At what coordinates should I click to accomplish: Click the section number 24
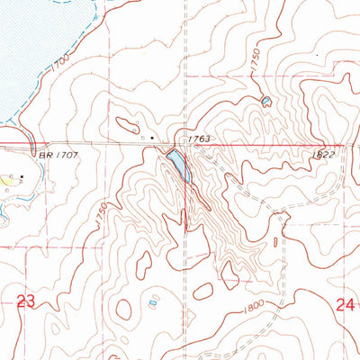click(x=346, y=305)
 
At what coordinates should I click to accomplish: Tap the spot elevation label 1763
click(x=200, y=139)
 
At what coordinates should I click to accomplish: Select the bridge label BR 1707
click(x=53, y=156)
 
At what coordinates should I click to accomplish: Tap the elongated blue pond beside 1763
click(x=178, y=165)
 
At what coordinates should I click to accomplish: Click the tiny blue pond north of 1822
click(x=265, y=102)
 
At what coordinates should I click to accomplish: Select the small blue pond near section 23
click(x=151, y=303)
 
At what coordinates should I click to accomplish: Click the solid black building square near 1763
click(x=152, y=137)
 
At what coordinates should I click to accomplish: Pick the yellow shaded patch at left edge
click(x=7, y=180)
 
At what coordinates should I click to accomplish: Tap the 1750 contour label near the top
click(x=256, y=63)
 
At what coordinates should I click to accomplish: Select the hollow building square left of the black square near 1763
click(x=142, y=137)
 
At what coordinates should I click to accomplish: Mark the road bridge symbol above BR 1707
click(x=32, y=144)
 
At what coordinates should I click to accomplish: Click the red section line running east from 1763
click(x=270, y=144)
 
